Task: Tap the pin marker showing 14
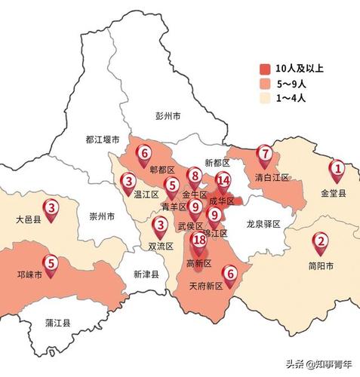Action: pyautogui.click(x=223, y=181)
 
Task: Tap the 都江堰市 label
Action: pyautogui.click(x=103, y=139)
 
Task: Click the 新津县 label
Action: pyautogui.click(x=146, y=274)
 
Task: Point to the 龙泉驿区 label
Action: pyautogui.click(x=263, y=224)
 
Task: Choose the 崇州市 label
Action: pyautogui.click(x=102, y=216)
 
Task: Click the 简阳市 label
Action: pyautogui.click(x=320, y=265)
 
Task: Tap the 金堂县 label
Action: pyautogui.click(x=334, y=193)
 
